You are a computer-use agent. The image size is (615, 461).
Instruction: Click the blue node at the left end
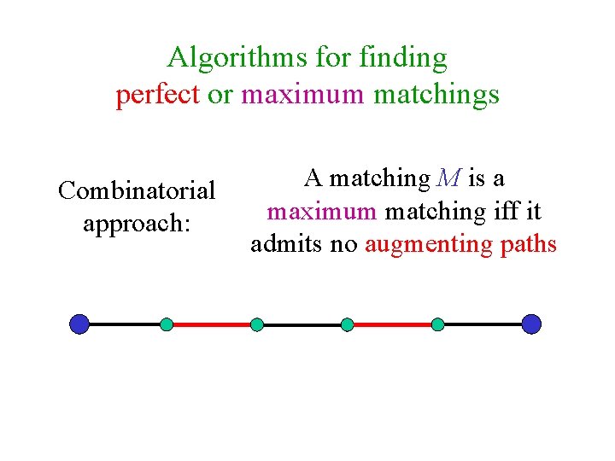click(79, 324)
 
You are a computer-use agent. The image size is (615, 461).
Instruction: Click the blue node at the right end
click(531, 324)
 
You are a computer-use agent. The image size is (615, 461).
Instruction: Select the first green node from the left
click(167, 324)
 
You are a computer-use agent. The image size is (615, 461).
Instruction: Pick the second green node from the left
click(257, 324)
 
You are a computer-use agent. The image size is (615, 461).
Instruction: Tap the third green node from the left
click(347, 324)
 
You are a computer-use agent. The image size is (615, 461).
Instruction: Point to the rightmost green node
click(437, 324)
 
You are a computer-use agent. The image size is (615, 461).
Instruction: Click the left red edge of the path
click(212, 324)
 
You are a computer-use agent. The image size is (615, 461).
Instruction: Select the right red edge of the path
click(392, 324)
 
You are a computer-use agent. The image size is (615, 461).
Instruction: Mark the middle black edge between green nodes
click(302, 324)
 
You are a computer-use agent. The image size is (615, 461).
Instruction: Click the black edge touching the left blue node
click(124, 324)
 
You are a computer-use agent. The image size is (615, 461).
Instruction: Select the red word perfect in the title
click(157, 94)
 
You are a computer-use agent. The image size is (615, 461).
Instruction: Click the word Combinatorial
click(137, 190)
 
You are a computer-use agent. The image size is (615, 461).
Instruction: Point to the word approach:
click(137, 224)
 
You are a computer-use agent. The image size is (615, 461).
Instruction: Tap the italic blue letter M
click(448, 178)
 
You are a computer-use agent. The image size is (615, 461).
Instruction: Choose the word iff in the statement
click(504, 211)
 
